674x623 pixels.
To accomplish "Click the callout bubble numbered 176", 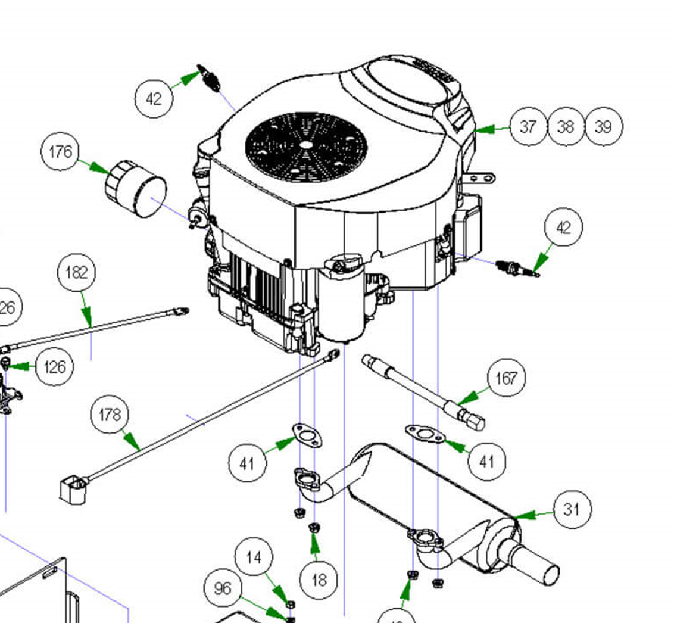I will point(60,152).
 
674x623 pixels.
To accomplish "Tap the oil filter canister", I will point(136,189).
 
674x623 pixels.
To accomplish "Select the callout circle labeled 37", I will point(528,127).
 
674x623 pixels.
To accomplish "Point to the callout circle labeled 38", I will point(566,127).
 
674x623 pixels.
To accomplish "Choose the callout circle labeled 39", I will point(603,127).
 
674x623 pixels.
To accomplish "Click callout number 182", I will point(76,273).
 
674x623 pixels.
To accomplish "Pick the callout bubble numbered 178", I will point(110,415).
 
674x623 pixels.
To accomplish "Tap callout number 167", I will point(507,378).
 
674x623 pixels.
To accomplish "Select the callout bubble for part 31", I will point(572,509).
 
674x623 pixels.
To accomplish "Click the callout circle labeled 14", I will point(254,558).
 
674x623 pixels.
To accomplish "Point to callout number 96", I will point(222,588).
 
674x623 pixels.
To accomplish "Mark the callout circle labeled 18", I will point(319,578).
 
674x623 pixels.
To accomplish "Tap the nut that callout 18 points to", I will point(313,527).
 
